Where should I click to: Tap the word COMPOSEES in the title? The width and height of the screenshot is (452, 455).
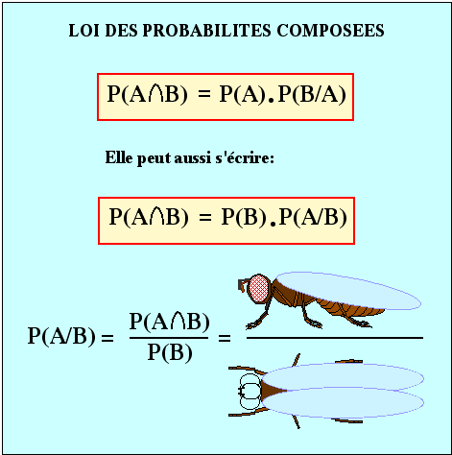pos(330,31)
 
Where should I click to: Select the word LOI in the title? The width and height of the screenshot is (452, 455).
pos(84,31)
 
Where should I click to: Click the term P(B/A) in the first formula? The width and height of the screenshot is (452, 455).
pos(312,95)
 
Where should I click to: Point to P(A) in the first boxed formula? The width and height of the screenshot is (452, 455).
pos(243,95)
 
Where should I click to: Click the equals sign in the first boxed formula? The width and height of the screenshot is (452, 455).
pos(204,94)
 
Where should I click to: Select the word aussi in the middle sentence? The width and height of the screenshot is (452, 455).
pos(193,158)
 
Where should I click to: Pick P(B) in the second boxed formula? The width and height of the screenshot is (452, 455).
pos(244,217)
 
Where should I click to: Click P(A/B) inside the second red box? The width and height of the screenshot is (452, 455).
pos(313,217)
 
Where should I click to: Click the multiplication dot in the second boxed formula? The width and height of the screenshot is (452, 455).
pos(273,224)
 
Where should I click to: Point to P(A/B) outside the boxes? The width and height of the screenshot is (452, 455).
pos(61,336)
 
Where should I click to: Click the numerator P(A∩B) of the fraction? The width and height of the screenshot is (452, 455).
pos(170,322)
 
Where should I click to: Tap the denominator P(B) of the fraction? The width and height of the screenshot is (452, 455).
pos(170,352)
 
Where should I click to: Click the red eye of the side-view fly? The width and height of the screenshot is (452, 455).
pos(259,288)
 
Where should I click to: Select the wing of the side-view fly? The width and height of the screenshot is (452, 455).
pos(348,291)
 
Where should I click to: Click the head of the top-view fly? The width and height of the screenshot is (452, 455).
pos(250,391)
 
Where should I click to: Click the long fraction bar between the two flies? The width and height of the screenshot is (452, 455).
pos(335,338)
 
